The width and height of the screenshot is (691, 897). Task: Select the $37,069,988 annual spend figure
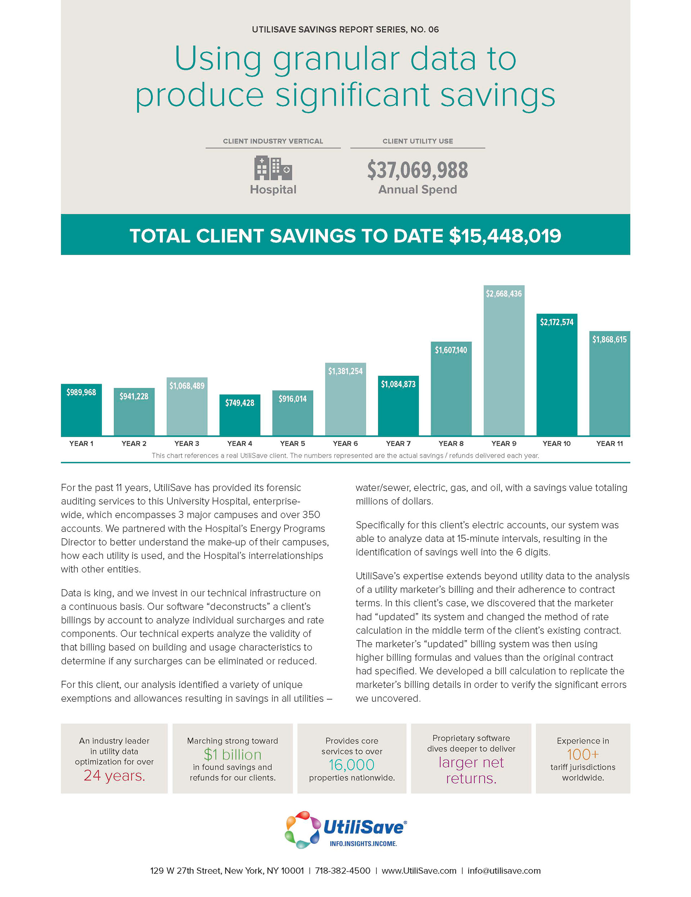pos(417,170)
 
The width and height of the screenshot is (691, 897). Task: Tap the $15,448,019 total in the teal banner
pos(505,236)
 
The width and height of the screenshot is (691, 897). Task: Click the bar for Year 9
pos(503,366)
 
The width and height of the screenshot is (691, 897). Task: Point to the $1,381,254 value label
pos(345,371)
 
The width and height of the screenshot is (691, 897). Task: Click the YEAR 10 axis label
pos(556,444)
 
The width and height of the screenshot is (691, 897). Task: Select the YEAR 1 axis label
pos(81,444)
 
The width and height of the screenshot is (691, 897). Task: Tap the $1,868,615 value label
pos(609,340)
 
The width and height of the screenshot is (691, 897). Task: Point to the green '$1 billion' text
pos(232,755)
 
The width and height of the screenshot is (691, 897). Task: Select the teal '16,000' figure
pos(352,765)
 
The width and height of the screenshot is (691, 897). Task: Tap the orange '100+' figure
pos(583,755)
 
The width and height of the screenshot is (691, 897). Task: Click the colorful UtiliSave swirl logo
pos(302,830)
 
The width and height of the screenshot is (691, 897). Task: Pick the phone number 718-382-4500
pos(343,871)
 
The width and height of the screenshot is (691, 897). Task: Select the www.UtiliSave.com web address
pos(419,871)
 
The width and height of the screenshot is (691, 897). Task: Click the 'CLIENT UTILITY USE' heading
pos(417,141)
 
